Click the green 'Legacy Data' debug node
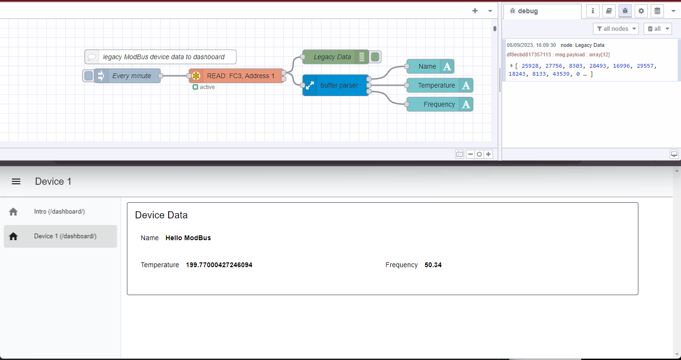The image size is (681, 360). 332,57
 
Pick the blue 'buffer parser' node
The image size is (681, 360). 339,85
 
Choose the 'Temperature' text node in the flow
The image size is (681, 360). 436,85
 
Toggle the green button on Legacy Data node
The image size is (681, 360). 375,57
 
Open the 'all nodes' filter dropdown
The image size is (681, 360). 616,29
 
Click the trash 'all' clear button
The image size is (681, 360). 657,29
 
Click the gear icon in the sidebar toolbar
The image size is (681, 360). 641,11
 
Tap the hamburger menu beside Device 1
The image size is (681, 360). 16,181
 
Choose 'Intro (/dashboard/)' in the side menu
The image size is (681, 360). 59,212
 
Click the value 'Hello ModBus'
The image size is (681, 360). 188,238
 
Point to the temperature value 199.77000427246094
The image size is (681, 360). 219,265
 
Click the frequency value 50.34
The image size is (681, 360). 433,265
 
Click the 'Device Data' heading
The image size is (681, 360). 161,215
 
